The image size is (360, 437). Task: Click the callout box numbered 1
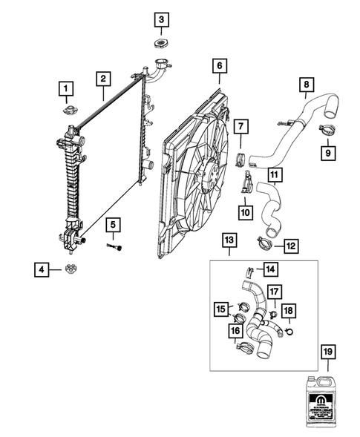(x=67, y=91)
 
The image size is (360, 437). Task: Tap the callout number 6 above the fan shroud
(x=220, y=66)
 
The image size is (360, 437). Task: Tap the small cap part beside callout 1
(x=68, y=112)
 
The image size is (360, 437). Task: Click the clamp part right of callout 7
(x=241, y=157)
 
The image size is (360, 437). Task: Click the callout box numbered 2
(x=103, y=78)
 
